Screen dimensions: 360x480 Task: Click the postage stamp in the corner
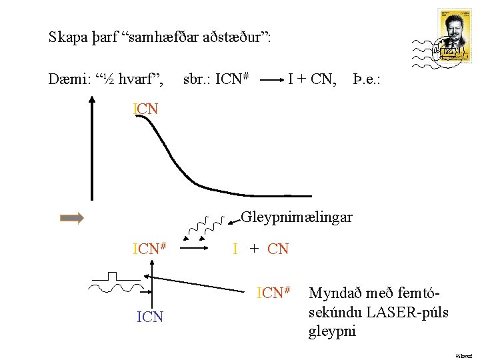click(454, 35)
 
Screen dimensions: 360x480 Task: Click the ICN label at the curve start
click(146, 109)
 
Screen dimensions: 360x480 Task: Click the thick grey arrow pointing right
click(72, 218)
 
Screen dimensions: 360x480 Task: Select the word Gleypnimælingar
click(297, 217)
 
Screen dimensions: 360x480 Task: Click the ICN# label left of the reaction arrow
click(149, 249)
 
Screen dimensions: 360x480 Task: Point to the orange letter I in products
click(235, 250)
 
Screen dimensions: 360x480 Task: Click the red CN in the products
click(278, 250)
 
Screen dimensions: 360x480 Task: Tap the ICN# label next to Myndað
click(274, 293)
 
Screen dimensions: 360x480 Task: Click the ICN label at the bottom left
click(150, 317)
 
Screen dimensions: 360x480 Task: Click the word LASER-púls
click(413, 312)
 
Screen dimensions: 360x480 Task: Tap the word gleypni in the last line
click(332, 331)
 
